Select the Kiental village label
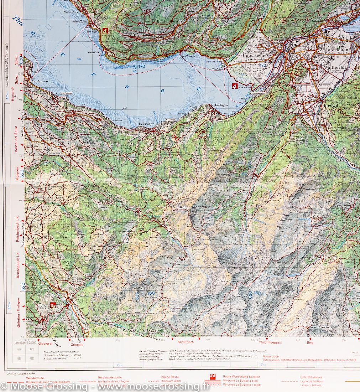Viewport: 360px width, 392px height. click(83, 296)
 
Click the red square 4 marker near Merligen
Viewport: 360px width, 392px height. click(105, 31)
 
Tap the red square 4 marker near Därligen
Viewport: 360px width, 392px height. click(234, 86)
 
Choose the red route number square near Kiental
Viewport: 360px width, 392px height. click(53, 305)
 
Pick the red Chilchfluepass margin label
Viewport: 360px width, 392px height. click(270, 342)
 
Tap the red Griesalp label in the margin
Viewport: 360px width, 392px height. click(77, 345)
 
